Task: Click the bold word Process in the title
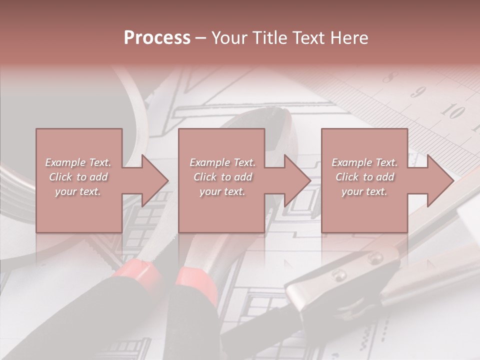[157, 38]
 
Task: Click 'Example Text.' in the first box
[78, 162]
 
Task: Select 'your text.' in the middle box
[222, 191]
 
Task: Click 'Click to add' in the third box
[364, 177]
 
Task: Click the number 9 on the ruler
[418, 92]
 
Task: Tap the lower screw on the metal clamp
[340, 275]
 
